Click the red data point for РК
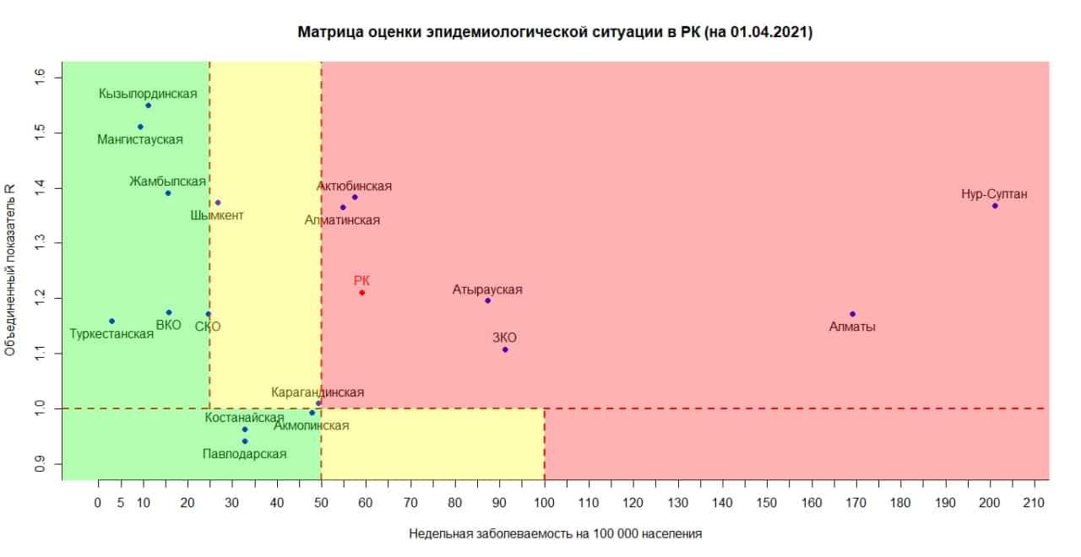[361, 293]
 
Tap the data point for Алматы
[852, 314]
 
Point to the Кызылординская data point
[148, 105]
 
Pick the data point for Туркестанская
[111, 321]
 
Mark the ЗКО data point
[505, 349]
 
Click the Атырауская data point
[487, 300]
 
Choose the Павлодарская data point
[245, 441]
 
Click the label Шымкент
[217, 216]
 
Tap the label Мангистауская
[140, 140]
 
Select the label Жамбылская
[167, 181]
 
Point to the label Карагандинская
[318, 392]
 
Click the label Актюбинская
[354, 187]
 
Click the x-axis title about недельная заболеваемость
[556, 534]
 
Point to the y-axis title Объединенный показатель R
[12, 270]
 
